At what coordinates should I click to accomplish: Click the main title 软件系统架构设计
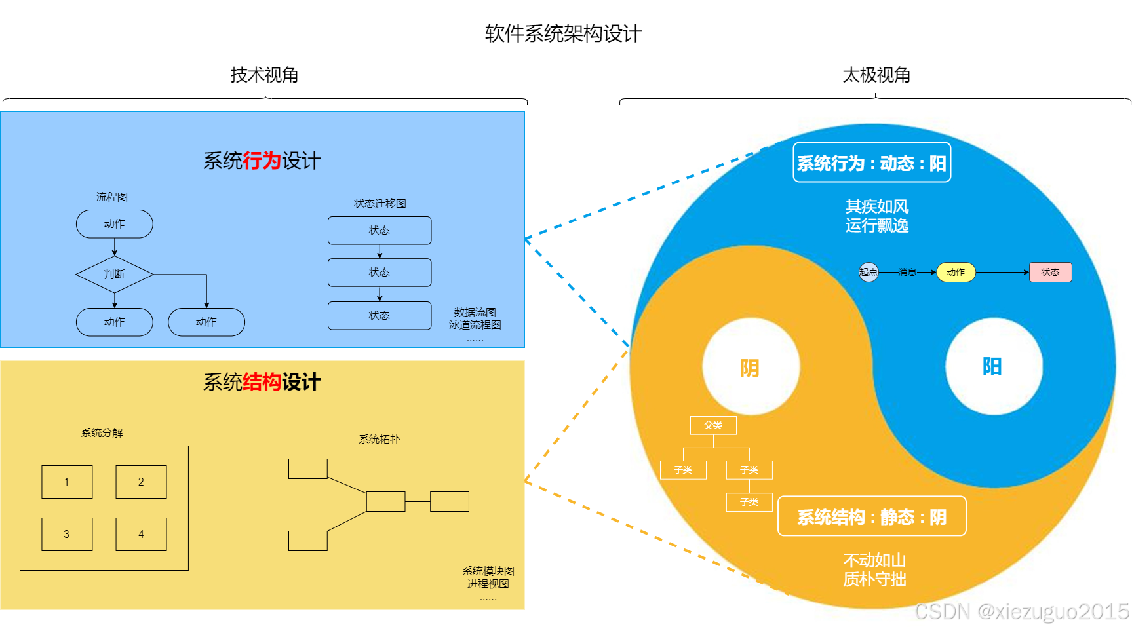point(563,33)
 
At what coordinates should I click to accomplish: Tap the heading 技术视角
point(264,75)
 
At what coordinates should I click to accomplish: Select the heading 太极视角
point(876,75)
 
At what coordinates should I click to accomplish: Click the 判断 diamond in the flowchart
point(115,274)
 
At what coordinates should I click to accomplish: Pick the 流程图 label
point(112,197)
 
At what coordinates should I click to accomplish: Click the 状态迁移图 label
point(380,203)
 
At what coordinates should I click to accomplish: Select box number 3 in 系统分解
point(67,534)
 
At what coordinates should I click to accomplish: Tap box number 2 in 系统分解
point(141,482)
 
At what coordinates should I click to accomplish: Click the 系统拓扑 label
point(380,439)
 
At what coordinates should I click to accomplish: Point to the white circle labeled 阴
point(751,367)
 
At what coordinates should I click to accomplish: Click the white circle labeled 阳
point(993,366)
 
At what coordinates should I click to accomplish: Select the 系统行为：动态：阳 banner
point(872,163)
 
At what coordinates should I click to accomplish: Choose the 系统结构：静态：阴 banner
point(872,516)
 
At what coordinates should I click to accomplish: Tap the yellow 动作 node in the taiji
point(956,272)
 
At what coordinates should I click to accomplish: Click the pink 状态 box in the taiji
point(1050,272)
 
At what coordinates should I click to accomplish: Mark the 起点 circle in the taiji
point(869,272)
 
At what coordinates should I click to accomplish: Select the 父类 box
point(713,425)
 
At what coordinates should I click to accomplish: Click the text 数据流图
point(475,313)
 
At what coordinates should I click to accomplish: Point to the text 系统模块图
point(488,571)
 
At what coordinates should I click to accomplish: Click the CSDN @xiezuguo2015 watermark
point(1022,611)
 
